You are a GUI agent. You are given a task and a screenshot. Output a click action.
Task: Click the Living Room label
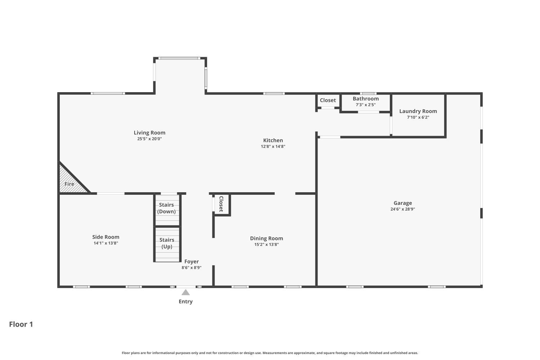coord(149,132)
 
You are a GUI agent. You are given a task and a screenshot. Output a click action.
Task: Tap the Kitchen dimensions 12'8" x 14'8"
coord(273,147)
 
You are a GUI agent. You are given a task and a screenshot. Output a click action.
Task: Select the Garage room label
coord(402,203)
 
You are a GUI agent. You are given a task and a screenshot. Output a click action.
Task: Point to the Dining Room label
coord(266,238)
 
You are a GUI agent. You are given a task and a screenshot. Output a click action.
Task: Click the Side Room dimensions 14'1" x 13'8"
coord(106,243)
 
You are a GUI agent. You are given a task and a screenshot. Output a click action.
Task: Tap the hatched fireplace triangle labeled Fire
coord(70,182)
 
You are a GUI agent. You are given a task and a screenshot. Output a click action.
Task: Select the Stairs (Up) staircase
coord(167,244)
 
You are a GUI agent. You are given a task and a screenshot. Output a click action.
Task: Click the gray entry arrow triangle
coord(185,292)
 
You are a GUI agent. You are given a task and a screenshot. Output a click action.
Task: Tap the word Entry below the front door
coord(185,302)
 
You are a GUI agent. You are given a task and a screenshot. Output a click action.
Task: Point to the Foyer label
coord(192,262)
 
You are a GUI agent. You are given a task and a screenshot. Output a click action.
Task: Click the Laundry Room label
coord(418,111)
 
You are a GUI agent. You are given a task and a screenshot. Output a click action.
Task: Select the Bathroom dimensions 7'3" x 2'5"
coord(365,105)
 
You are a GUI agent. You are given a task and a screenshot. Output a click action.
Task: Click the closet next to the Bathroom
coord(328,100)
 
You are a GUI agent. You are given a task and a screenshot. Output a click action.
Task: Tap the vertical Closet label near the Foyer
coord(221,204)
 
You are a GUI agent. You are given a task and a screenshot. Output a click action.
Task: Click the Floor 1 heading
coord(21,324)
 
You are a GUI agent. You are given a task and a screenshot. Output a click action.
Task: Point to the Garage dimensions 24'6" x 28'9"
coord(402,209)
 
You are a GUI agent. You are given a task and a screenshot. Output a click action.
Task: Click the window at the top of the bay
coord(179,58)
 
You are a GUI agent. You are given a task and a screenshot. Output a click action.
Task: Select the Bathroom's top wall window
coord(368,94)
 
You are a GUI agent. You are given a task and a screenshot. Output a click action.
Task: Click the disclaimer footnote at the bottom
coord(270,353)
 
